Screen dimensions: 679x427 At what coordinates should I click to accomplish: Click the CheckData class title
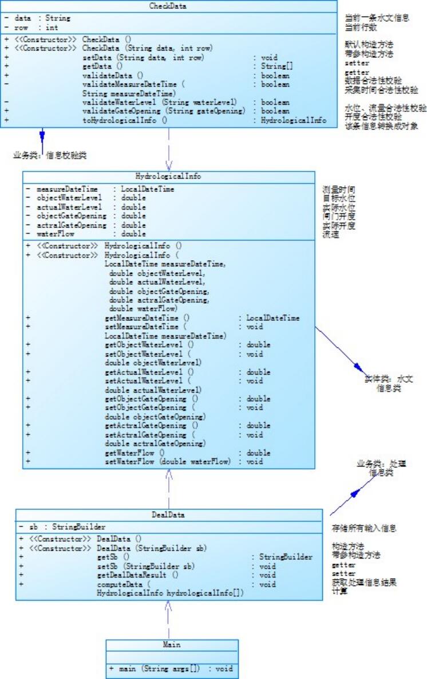tap(168, 6)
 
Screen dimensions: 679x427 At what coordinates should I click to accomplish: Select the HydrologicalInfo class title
tap(168, 176)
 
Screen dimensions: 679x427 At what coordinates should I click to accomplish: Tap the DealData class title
tap(168, 515)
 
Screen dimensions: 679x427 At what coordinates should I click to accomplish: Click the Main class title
tap(171, 645)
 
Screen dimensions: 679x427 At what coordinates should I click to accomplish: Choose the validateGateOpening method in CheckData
tap(163, 111)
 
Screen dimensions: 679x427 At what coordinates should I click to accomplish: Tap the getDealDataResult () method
tap(138, 575)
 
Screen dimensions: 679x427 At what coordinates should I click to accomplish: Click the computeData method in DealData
tap(124, 584)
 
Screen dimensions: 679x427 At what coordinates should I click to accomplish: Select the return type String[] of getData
tap(274, 66)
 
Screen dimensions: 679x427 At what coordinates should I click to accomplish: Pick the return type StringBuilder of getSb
tap(286, 556)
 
